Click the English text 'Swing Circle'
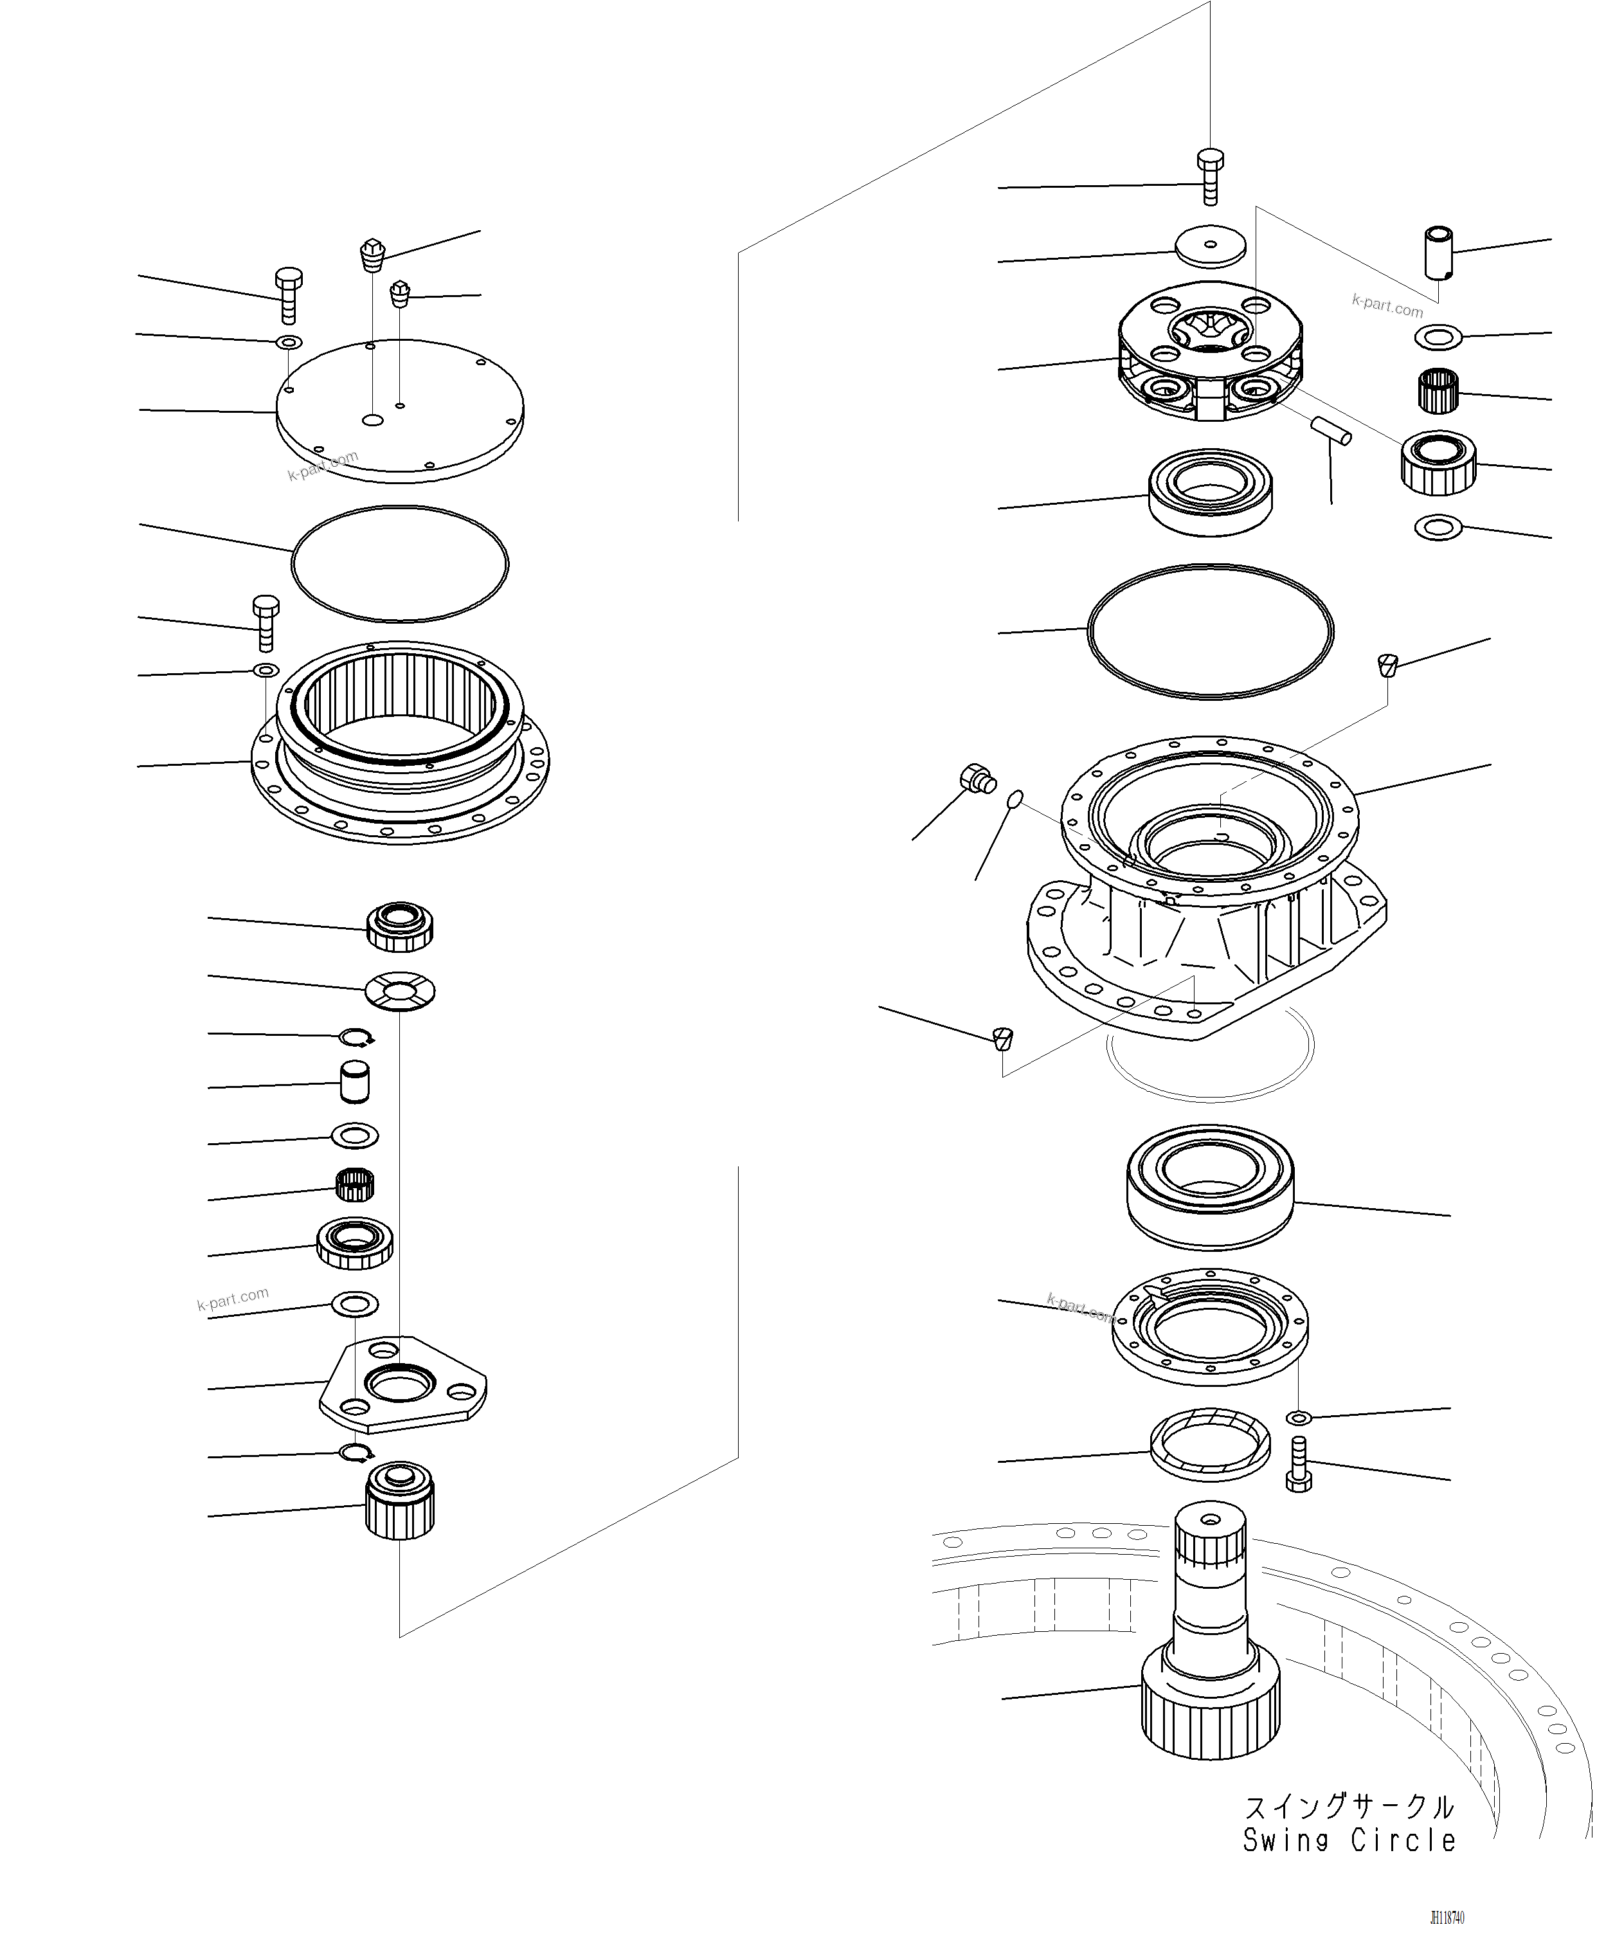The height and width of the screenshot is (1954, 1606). click(1348, 1840)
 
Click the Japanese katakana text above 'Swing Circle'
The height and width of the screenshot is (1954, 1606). click(1348, 1806)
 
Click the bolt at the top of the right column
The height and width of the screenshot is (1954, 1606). click(1210, 176)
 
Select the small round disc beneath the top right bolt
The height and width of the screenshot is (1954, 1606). click(1210, 246)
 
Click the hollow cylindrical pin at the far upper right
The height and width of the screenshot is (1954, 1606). click(1437, 251)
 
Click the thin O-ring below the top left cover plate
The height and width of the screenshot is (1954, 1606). click(400, 563)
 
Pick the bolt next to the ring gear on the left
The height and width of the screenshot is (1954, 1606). click(265, 622)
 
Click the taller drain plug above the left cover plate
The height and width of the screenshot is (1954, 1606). click(372, 255)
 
